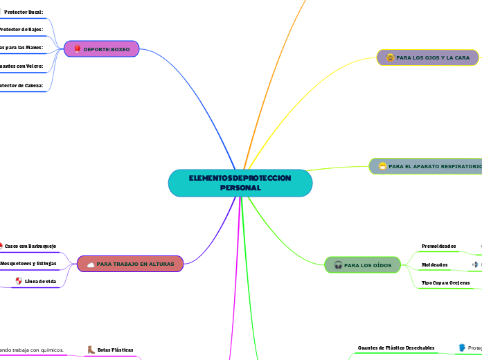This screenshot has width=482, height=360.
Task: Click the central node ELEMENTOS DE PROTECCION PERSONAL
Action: click(240, 183)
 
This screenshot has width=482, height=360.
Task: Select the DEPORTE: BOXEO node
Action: click(102, 49)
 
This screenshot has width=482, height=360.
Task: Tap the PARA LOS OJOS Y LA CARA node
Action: click(427, 57)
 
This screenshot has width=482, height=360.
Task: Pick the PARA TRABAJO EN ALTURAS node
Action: click(130, 264)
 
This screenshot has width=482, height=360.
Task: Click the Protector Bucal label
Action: click(24, 12)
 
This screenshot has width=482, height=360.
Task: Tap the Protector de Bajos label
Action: click(21, 30)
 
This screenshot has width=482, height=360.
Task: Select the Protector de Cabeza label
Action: click(21, 85)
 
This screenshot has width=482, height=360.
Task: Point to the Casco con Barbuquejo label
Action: click(30, 246)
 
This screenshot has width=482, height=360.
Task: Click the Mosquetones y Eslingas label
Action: click(28, 264)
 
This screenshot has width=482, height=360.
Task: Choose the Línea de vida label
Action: click(40, 281)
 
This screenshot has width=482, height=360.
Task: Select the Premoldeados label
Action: click(439, 246)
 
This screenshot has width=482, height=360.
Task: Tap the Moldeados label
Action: click(435, 264)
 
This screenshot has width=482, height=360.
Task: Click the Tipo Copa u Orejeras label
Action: click(446, 282)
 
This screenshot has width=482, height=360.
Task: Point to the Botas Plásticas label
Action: click(115, 350)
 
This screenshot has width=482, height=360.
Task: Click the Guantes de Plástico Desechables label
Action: click(396, 348)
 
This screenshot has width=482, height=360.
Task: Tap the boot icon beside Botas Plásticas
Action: click(91, 350)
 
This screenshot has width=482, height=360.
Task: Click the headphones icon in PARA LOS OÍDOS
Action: click(338, 264)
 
